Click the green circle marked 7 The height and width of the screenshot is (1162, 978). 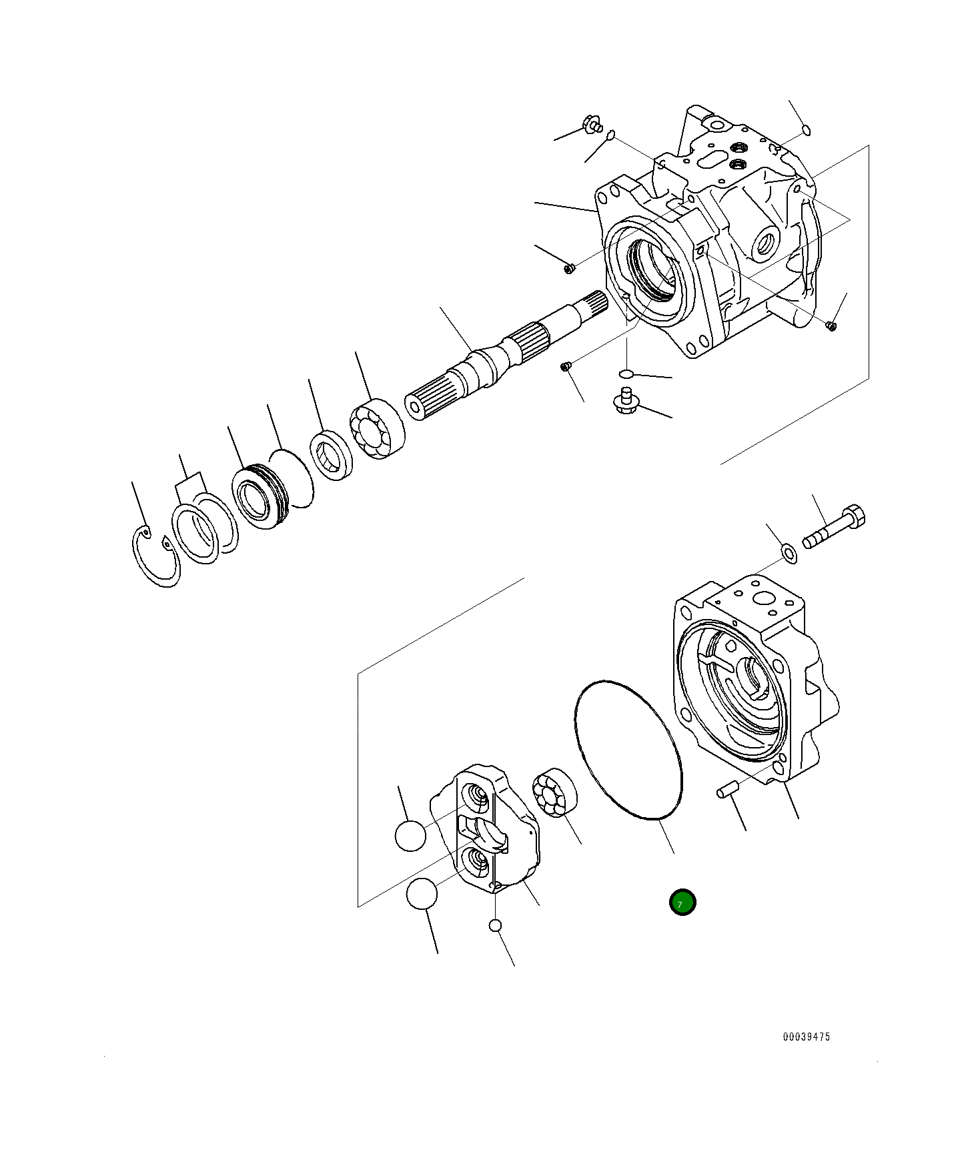coord(682,903)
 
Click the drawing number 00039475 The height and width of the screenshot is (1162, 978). coord(807,1037)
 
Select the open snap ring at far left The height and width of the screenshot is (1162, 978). coord(155,558)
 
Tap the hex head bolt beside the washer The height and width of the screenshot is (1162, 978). coord(835,527)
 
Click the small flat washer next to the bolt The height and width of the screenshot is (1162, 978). coord(789,553)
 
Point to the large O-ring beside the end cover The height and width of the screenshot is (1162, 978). coord(628,750)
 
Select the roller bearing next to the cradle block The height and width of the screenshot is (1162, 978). coord(555,792)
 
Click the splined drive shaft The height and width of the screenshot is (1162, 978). coord(507,357)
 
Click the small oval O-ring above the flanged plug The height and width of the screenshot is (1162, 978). coord(626,372)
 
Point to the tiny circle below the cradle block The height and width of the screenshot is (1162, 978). coord(494,925)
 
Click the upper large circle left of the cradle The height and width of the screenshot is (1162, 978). coord(410,836)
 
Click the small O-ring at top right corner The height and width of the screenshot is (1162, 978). coord(806,130)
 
